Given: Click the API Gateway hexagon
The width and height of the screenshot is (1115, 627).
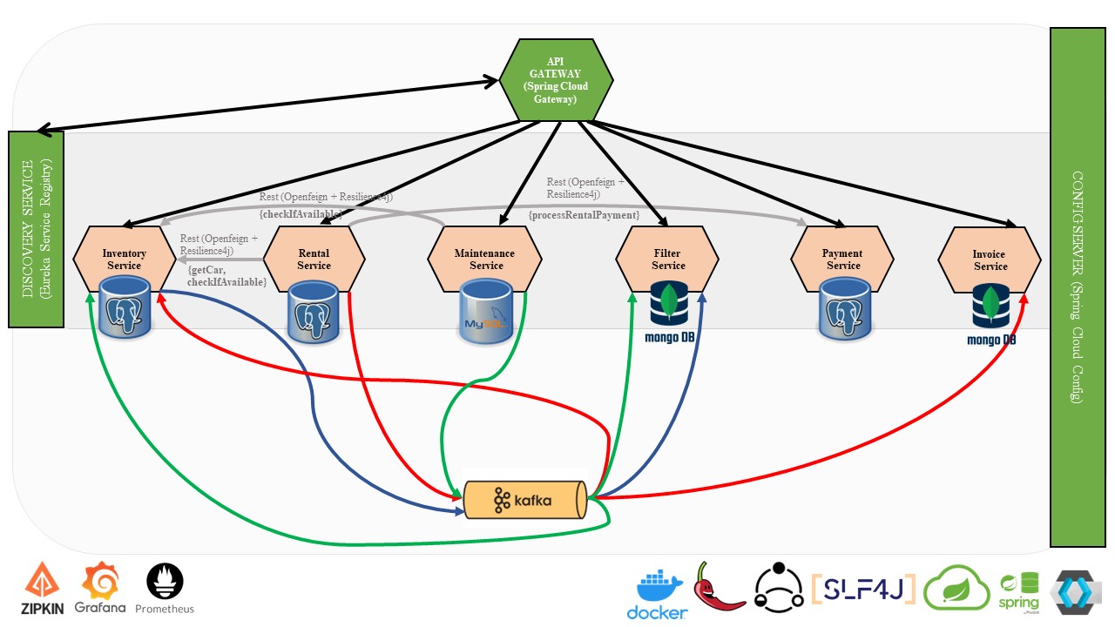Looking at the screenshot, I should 555,81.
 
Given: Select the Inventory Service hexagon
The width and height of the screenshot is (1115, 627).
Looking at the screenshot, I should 124,259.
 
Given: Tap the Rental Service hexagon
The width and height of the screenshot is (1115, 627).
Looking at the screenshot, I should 314,259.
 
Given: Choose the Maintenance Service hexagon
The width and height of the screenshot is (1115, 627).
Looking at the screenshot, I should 484,259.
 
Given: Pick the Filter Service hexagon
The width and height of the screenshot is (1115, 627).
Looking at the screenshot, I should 667,259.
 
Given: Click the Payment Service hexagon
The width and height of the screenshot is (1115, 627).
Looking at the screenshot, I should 842,259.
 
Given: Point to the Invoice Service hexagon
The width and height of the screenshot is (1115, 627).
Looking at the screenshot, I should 989,259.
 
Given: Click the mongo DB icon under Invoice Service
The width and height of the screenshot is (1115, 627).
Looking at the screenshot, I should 990,313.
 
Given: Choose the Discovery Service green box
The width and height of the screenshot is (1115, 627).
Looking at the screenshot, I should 36,229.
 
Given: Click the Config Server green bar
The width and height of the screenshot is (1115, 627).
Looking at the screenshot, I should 1077,287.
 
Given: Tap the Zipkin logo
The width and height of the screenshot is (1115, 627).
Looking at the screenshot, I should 43,590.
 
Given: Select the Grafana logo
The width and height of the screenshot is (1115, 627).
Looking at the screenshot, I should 100,589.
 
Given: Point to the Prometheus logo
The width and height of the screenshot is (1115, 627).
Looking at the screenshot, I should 165,589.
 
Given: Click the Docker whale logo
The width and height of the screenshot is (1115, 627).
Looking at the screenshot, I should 657,595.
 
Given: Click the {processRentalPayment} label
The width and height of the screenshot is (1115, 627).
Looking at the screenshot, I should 584,214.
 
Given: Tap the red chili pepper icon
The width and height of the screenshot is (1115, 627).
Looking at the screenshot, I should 718,585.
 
